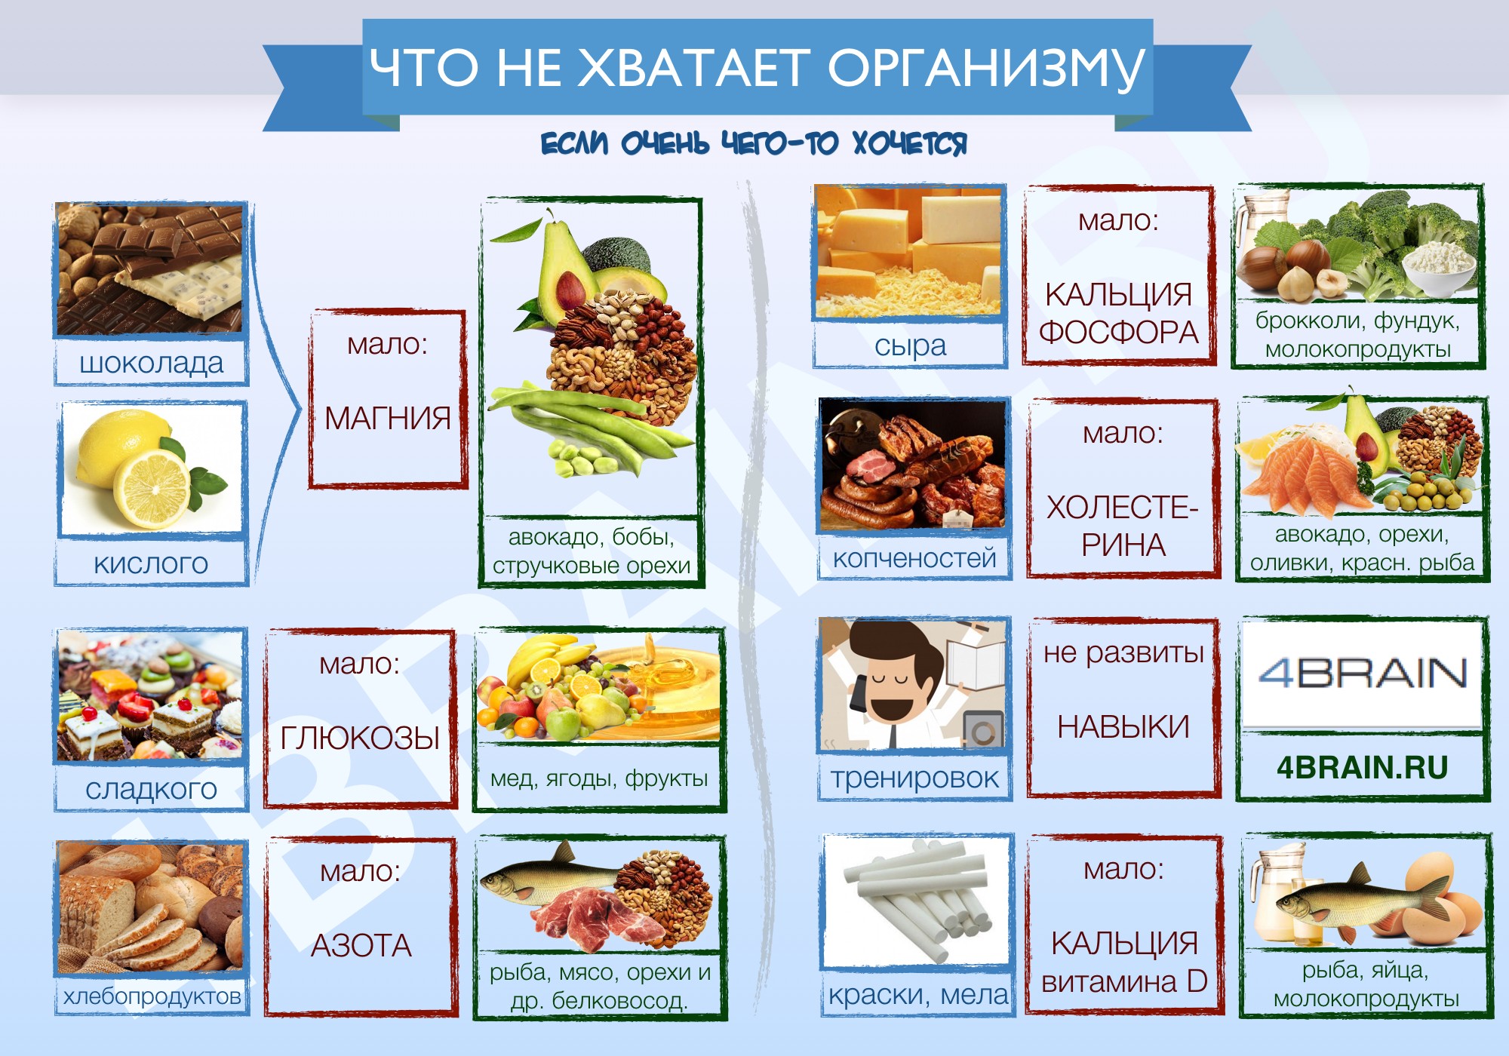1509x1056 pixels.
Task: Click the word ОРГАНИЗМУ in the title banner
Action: click(986, 68)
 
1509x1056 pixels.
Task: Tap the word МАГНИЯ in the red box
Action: click(388, 418)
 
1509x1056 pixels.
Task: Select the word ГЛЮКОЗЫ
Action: click(360, 738)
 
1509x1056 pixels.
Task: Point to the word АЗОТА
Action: click(361, 945)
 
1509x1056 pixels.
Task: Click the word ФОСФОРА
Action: click(1119, 332)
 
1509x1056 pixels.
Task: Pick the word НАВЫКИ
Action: click(1123, 727)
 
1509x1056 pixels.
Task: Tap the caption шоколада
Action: click(152, 363)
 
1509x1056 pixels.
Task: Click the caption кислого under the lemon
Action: click(151, 563)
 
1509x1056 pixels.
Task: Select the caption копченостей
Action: click(914, 558)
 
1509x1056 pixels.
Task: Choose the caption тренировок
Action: click(914, 778)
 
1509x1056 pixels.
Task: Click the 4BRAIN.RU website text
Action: click(1363, 767)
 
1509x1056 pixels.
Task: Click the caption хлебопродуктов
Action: click(152, 996)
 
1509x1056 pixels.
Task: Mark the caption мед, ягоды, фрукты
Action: click(599, 778)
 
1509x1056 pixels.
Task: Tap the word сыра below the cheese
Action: click(910, 345)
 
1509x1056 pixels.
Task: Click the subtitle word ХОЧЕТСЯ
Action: click(909, 143)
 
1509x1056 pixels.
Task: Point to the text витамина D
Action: click(1124, 981)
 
